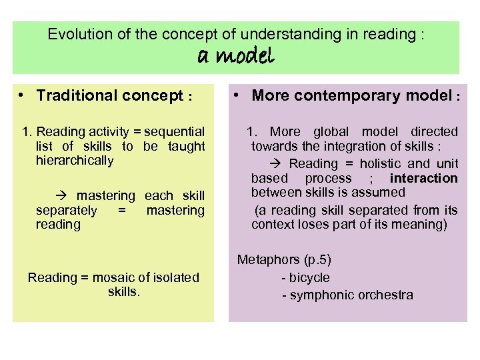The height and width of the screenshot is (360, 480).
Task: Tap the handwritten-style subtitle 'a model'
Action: coord(236,57)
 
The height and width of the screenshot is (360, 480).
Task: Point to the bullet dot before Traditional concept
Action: coord(22,95)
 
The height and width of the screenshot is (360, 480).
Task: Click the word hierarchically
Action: coord(75,161)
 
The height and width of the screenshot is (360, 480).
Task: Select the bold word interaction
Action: coord(424,178)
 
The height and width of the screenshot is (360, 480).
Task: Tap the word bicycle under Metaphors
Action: coord(309,277)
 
